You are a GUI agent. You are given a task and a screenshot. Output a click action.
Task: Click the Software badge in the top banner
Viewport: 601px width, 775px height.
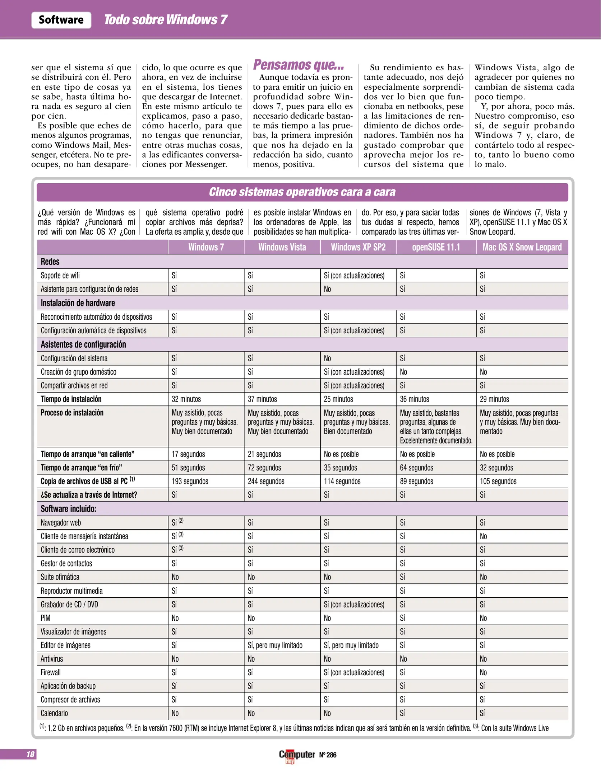click(61, 20)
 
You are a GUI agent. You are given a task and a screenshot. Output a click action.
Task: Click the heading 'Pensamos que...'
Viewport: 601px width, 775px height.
click(298, 65)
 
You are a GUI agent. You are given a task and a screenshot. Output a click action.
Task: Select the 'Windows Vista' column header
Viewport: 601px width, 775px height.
click(282, 247)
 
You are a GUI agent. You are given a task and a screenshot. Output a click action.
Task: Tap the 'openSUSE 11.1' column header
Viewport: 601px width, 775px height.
click(436, 247)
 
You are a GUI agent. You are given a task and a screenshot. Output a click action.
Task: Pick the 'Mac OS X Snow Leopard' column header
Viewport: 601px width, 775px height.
click(522, 247)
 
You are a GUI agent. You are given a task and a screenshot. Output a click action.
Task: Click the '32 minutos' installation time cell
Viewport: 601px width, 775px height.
click(186, 399)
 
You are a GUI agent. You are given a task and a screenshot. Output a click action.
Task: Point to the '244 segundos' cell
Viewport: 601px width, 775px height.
click(266, 481)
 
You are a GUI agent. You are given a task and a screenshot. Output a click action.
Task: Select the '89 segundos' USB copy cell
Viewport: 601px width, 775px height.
click(416, 481)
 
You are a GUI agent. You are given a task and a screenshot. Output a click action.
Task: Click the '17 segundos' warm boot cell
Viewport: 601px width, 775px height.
click(188, 454)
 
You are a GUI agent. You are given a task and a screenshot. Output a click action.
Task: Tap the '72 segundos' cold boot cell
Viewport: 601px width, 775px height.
click(264, 468)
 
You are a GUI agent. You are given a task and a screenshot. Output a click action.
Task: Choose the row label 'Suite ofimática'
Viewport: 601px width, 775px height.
click(60, 577)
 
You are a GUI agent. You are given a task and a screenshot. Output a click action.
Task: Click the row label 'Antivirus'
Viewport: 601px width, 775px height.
click(52, 659)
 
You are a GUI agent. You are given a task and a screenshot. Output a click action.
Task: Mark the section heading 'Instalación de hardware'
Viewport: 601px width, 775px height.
click(78, 303)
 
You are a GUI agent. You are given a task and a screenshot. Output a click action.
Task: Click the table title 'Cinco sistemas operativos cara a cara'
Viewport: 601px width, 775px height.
click(302, 192)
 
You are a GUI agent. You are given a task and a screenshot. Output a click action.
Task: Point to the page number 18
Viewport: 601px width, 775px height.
click(30, 754)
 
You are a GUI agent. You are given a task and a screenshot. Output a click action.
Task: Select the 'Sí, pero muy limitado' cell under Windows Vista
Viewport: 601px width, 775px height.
click(275, 645)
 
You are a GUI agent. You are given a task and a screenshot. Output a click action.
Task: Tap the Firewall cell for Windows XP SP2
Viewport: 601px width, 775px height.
click(354, 672)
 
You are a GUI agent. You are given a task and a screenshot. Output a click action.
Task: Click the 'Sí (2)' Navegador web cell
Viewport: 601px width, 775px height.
click(177, 522)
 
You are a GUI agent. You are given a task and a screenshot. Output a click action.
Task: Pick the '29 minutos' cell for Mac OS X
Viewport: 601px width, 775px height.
click(494, 399)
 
